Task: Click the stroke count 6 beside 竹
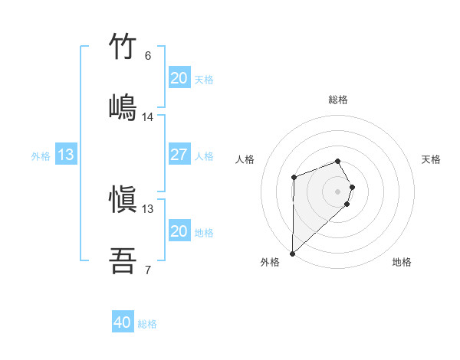click(x=148, y=56)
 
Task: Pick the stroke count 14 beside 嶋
click(x=148, y=117)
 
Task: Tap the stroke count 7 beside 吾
click(x=148, y=270)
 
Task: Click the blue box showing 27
click(x=179, y=155)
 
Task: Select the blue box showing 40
click(x=123, y=323)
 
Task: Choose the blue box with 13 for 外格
click(x=66, y=155)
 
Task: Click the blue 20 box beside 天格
click(x=179, y=78)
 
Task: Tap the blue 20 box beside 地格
click(x=179, y=231)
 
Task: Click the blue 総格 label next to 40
click(x=147, y=324)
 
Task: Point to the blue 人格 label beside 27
click(x=204, y=155)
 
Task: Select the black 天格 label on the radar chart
click(x=432, y=159)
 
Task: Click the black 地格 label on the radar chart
click(x=402, y=262)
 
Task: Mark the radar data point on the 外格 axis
click(x=292, y=253)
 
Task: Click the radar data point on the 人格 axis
click(x=294, y=178)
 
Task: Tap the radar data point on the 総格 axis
click(x=337, y=161)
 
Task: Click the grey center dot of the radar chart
click(x=337, y=191)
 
